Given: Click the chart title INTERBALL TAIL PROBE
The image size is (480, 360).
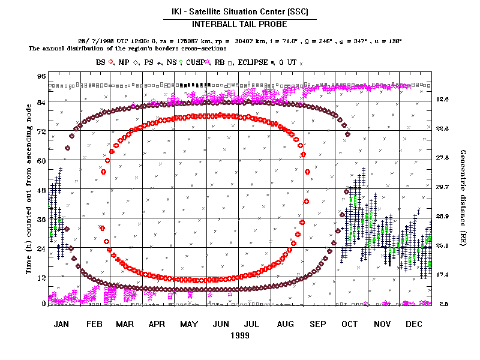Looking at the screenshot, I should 239,25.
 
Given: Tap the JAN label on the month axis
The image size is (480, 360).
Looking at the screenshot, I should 61,324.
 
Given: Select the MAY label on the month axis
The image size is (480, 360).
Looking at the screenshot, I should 189,324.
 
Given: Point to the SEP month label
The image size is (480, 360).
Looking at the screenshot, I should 318,324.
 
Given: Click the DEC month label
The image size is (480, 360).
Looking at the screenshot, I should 414,324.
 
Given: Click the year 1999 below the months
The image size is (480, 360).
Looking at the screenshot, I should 239,335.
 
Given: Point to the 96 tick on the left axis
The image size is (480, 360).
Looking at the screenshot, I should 41,76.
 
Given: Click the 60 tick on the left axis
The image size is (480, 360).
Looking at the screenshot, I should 41,160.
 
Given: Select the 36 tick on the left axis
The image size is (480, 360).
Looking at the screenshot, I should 41,219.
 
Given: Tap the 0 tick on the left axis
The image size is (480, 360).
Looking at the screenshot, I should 44,304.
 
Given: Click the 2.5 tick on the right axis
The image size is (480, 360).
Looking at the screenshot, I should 443,304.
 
